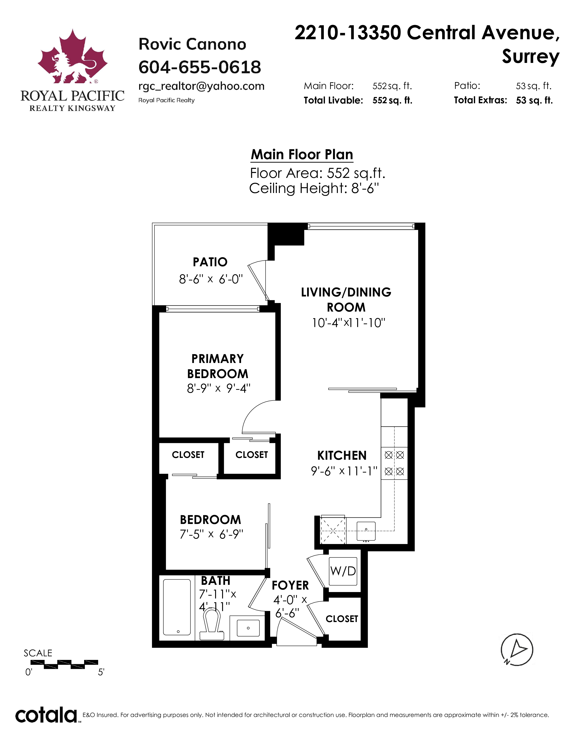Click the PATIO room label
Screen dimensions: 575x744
tap(210, 262)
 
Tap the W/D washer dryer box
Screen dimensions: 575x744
tap(343, 571)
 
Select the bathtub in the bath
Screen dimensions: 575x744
tap(177, 607)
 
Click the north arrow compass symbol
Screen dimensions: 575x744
tap(517, 650)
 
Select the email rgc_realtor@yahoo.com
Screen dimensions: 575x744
tap(201, 86)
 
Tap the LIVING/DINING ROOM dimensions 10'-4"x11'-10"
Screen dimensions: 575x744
tap(348, 323)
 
